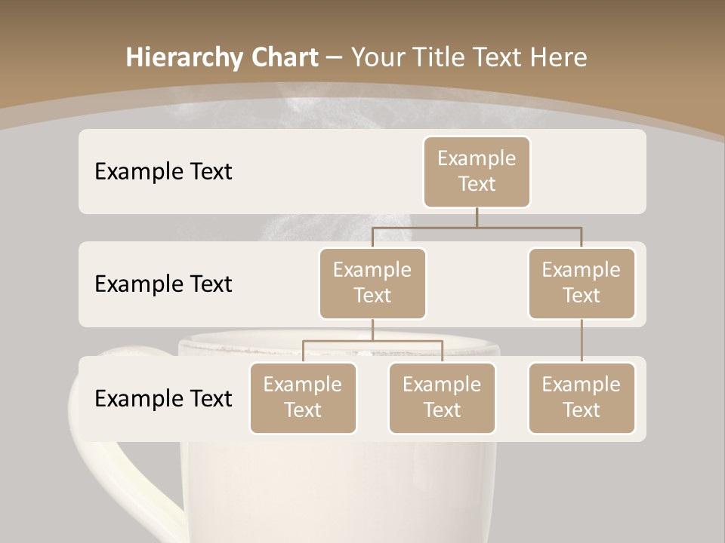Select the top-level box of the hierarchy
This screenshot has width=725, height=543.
coord(477,171)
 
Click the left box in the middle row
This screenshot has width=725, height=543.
coord(372,283)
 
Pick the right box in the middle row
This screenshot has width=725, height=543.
coord(582,283)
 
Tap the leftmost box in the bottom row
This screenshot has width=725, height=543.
coord(303,397)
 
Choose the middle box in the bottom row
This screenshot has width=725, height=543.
coord(442,397)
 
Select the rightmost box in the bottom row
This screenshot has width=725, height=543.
coord(582,397)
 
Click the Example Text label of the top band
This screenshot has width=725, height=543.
coord(163,171)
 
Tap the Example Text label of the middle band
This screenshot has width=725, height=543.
coord(163,284)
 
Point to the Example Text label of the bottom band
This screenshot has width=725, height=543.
coord(163,398)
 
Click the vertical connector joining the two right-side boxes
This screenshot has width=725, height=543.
coord(582,341)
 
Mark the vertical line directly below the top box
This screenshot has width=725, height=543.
coord(477,217)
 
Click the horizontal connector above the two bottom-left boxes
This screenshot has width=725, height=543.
coord(372,341)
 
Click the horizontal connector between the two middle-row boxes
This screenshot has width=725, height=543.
coord(477,226)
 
